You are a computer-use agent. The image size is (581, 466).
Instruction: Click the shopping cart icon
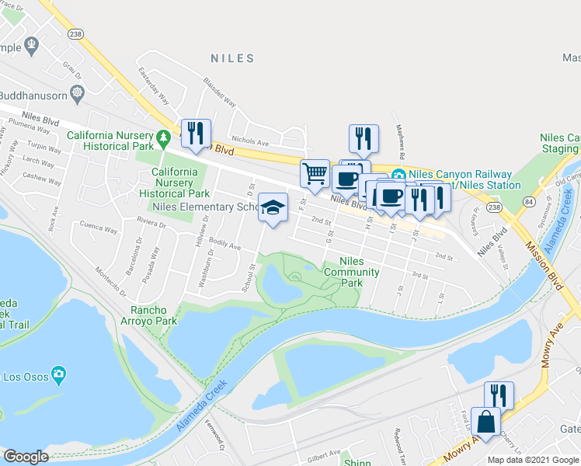[x=315, y=174]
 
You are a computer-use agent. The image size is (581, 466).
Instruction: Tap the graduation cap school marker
[x=273, y=207]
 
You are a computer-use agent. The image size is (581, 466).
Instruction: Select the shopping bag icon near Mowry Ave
[x=485, y=423]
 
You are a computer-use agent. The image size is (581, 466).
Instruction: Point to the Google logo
[x=26, y=457]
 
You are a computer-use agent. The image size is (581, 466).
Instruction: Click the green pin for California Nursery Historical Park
[x=162, y=139]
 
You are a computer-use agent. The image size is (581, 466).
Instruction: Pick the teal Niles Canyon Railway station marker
[x=398, y=175]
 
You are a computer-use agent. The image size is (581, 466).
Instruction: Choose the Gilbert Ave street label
[x=323, y=453]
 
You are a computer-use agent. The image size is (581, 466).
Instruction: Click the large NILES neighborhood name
[x=233, y=58]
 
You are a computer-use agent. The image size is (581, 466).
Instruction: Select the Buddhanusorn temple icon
[x=77, y=95]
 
